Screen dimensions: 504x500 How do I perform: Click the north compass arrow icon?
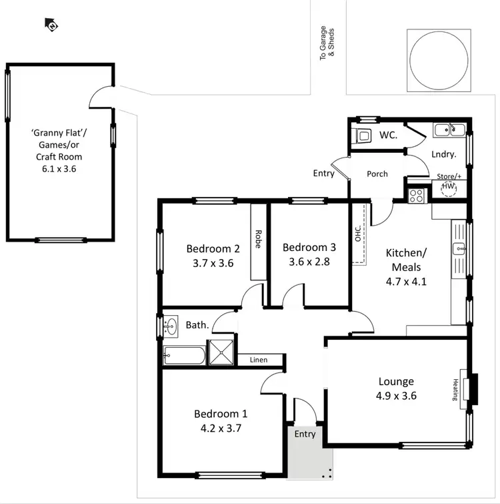[51, 25]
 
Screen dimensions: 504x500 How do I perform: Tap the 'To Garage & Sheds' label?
[327, 43]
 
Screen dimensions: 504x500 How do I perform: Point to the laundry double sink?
[449, 130]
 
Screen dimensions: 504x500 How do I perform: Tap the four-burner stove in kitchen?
[417, 196]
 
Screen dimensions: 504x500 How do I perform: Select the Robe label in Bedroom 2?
[258, 239]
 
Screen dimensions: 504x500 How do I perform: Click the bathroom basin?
[172, 326]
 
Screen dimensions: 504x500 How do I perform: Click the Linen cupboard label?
[259, 360]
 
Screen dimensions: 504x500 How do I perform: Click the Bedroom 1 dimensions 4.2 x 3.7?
[221, 428]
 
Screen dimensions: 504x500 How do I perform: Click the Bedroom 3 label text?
[309, 247]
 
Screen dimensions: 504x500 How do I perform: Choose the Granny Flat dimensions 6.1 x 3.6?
[57, 170]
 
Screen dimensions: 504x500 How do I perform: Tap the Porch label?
[377, 174]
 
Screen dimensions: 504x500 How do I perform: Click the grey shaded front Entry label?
[305, 435]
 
